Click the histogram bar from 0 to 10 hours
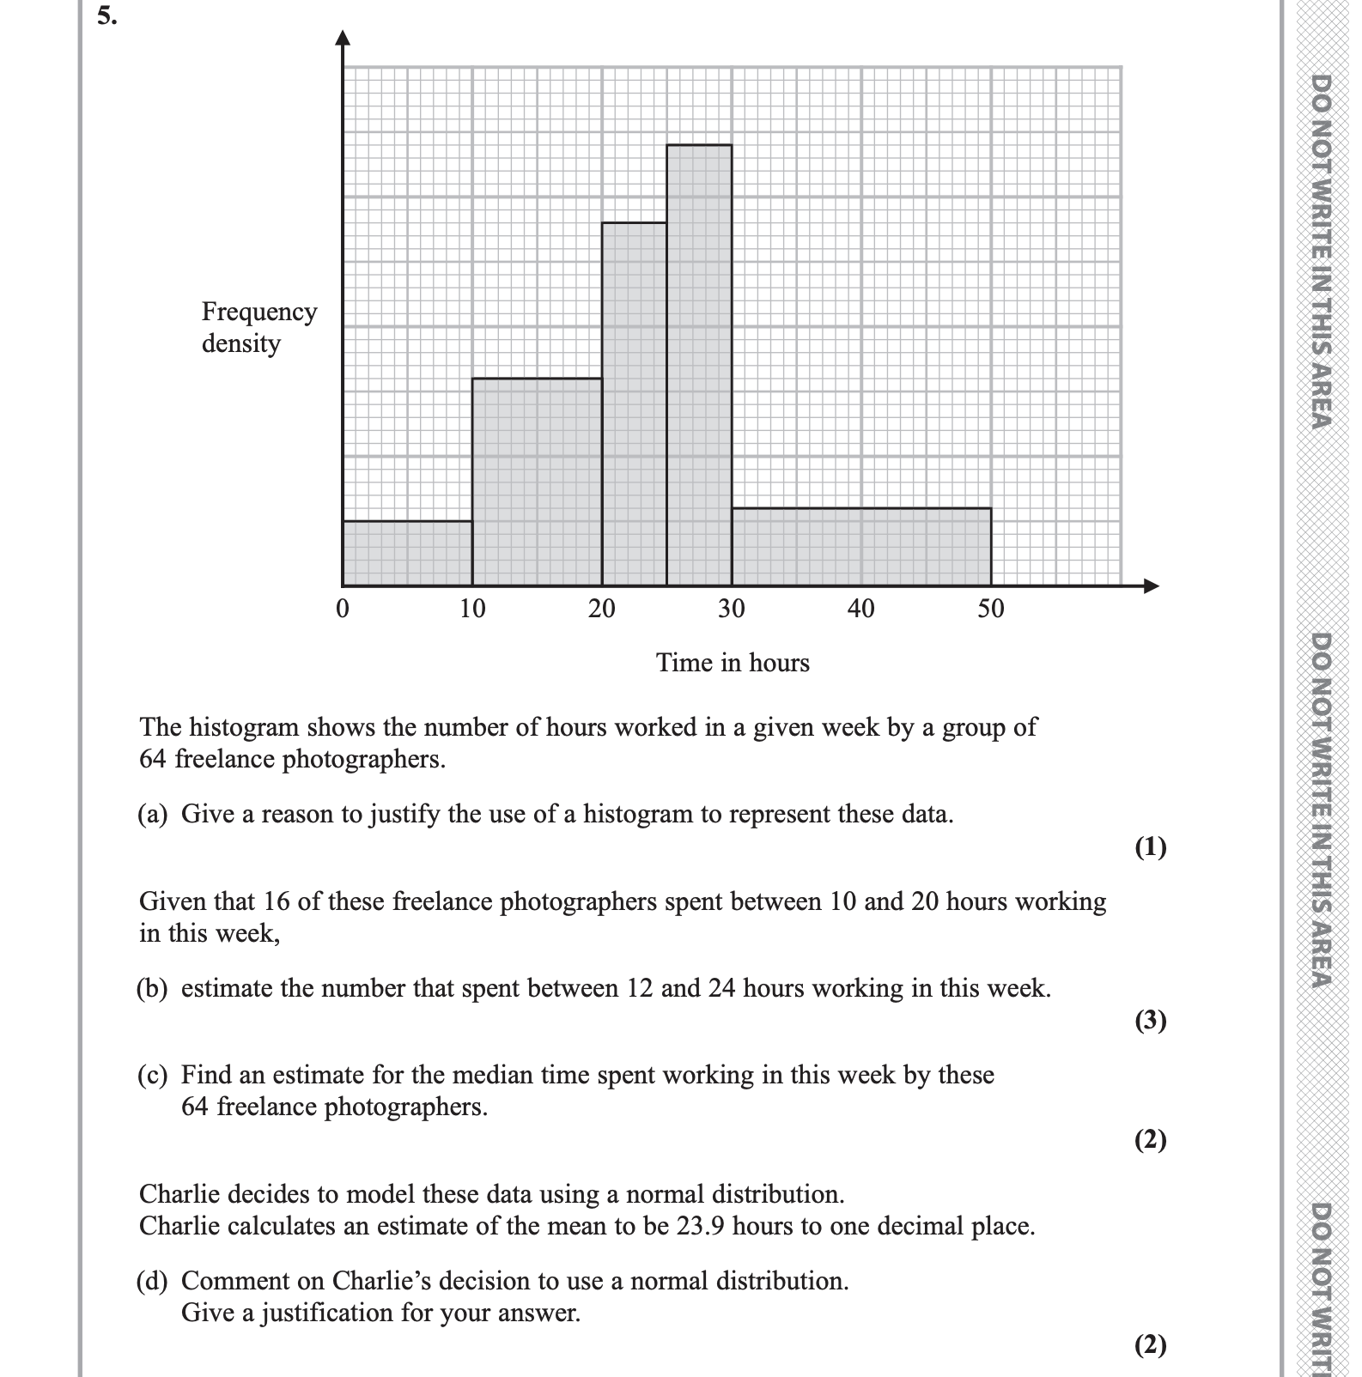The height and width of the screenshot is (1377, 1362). [407, 553]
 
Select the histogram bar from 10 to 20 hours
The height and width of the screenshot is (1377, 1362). [537, 482]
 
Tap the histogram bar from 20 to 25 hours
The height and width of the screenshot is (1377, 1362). [634, 403]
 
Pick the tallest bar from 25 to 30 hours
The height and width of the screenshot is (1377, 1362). [699, 365]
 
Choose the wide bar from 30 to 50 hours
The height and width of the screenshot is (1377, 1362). [861, 547]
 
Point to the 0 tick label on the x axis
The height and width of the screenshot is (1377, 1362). [343, 609]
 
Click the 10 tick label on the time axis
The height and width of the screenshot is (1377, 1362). [472, 609]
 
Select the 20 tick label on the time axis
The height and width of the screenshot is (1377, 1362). [601, 609]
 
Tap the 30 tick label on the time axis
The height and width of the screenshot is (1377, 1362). [731, 609]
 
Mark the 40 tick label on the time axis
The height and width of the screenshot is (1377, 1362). [860, 609]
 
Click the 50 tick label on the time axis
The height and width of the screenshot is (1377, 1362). [990, 609]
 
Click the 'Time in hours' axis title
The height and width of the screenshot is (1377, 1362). [733, 663]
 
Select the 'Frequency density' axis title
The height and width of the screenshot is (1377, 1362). [258, 327]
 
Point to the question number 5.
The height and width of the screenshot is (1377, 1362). [106, 16]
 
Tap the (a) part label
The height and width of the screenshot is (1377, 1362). [152, 814]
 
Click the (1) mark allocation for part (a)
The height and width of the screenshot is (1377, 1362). [1150, 847]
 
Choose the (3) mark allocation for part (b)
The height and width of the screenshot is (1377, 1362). [1150, 1020]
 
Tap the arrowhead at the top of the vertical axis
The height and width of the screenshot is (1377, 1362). [344, 37]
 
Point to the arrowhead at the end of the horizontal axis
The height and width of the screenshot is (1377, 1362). [1152, 586]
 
